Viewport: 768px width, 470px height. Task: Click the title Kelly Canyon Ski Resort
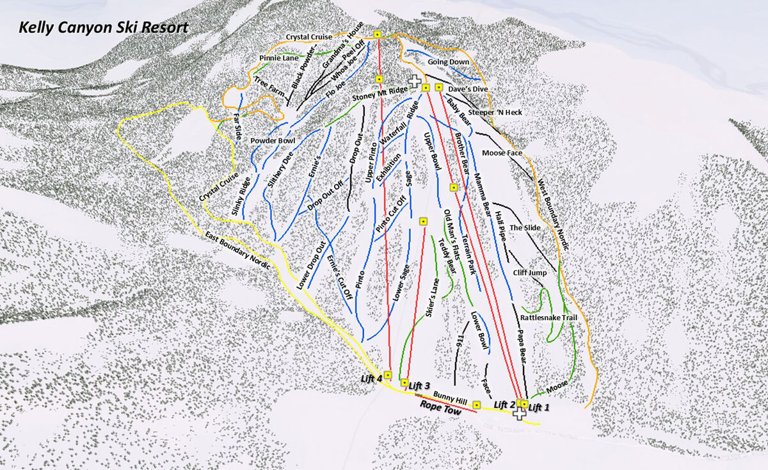coord(103,28)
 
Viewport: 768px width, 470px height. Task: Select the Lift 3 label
coord(420,385)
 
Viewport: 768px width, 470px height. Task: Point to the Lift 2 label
coord(504,405)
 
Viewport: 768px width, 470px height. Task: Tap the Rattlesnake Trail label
coord(544,318)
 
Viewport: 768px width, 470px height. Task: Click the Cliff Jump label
coord(529,273)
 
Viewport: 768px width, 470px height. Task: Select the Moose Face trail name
coord(502,153)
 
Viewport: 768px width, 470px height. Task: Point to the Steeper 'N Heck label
coord(495,113)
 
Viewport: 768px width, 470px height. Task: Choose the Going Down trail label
coord(449,62)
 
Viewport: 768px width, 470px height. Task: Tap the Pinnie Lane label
coord(278,58)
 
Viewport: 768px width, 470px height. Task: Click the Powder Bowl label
coord(272,140)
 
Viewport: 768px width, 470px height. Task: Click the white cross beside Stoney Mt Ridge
coord(414,82)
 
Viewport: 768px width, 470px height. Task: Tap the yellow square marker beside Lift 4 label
coord(387,375)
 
